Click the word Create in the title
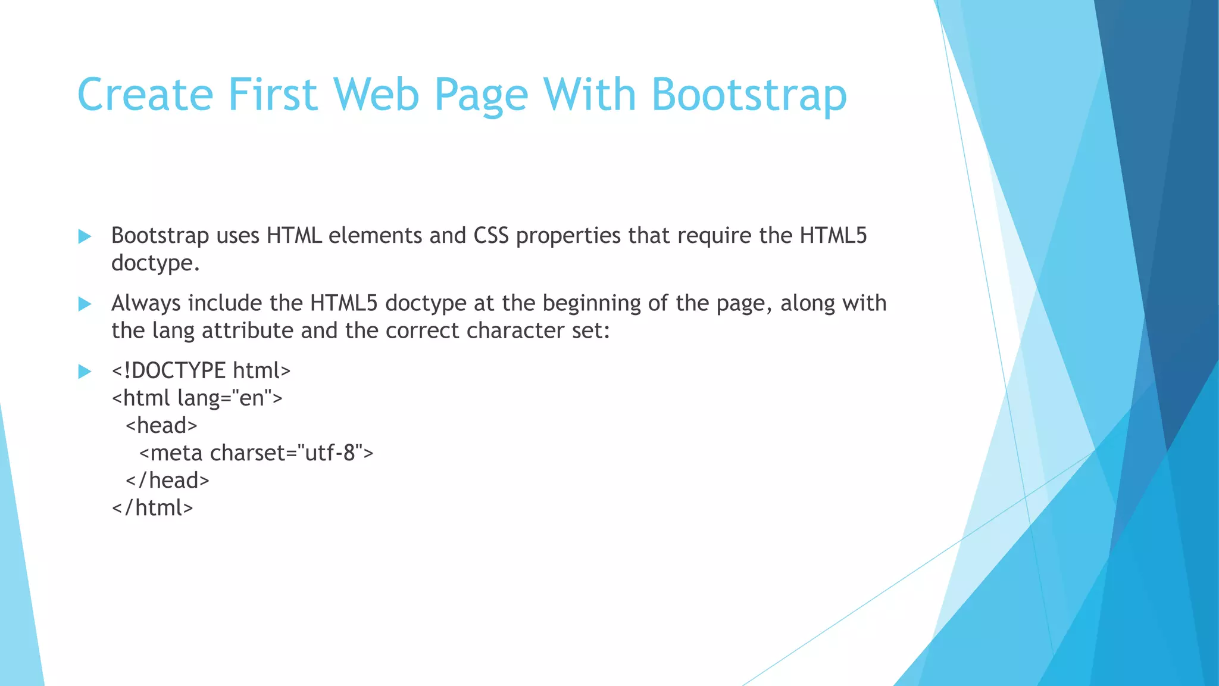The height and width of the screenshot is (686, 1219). [145, 95]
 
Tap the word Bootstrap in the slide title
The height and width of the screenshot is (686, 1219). [749, 95]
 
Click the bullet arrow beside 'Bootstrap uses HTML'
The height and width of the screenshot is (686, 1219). [85, 236]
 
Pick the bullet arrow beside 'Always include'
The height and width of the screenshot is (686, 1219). [85, 304]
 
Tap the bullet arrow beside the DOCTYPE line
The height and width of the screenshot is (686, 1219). [85, 372]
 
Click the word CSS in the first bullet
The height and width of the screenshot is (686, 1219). [491, 236]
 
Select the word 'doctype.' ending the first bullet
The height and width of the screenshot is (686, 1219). [155, 263]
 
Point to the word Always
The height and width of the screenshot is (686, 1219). [146, 304]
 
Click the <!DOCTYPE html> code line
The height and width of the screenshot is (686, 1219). [201, 371]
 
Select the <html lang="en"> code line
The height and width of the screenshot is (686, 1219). [197, 398]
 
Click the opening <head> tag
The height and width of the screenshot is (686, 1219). [161, 426]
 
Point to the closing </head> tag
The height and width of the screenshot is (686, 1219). [167, 481]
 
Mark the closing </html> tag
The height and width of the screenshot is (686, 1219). [152, 508]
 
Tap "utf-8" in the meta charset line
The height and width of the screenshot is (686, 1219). [330, 453]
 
